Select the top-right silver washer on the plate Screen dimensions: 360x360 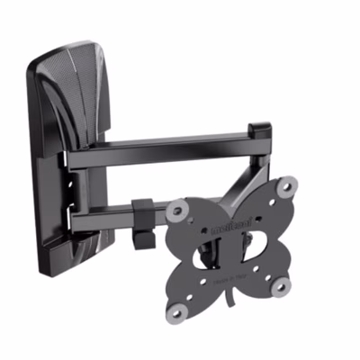[x=285, y=187]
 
